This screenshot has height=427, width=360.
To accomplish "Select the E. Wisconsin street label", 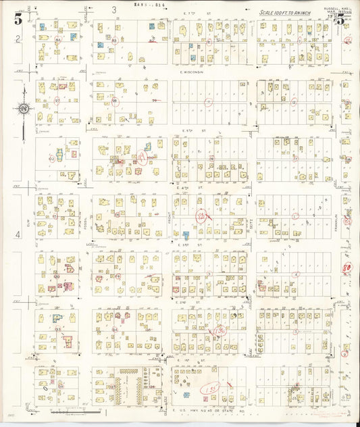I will [x=192, y=73].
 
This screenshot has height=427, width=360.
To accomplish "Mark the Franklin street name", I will [x=335, y=220].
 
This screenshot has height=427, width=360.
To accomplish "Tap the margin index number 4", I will [x=19, y=235].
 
